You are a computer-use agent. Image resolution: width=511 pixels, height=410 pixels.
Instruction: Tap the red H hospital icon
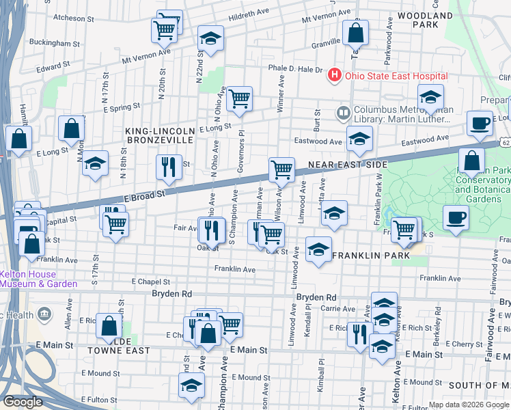click(335, 75)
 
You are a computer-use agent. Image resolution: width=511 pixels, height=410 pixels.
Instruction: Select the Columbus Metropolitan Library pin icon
click(343, 111)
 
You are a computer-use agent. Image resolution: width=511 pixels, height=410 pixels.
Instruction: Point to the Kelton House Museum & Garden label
click(37, 279)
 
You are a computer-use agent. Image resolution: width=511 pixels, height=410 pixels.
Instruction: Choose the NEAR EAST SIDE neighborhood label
click(348, 165)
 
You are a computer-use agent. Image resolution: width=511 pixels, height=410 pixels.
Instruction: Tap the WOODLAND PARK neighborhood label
click(434, 19)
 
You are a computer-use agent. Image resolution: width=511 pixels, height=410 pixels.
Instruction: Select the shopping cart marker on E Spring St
click(239, 99)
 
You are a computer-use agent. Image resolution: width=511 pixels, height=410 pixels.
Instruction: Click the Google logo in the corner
click(23, 402)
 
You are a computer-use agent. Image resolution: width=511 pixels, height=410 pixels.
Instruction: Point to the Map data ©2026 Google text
click(468, 405)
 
